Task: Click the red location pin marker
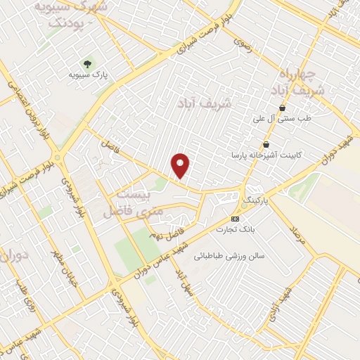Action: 181,165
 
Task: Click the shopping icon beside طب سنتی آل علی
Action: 282,108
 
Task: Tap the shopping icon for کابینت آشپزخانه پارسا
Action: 265,144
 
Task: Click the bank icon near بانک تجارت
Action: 235,218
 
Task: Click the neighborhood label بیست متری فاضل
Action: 134,201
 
